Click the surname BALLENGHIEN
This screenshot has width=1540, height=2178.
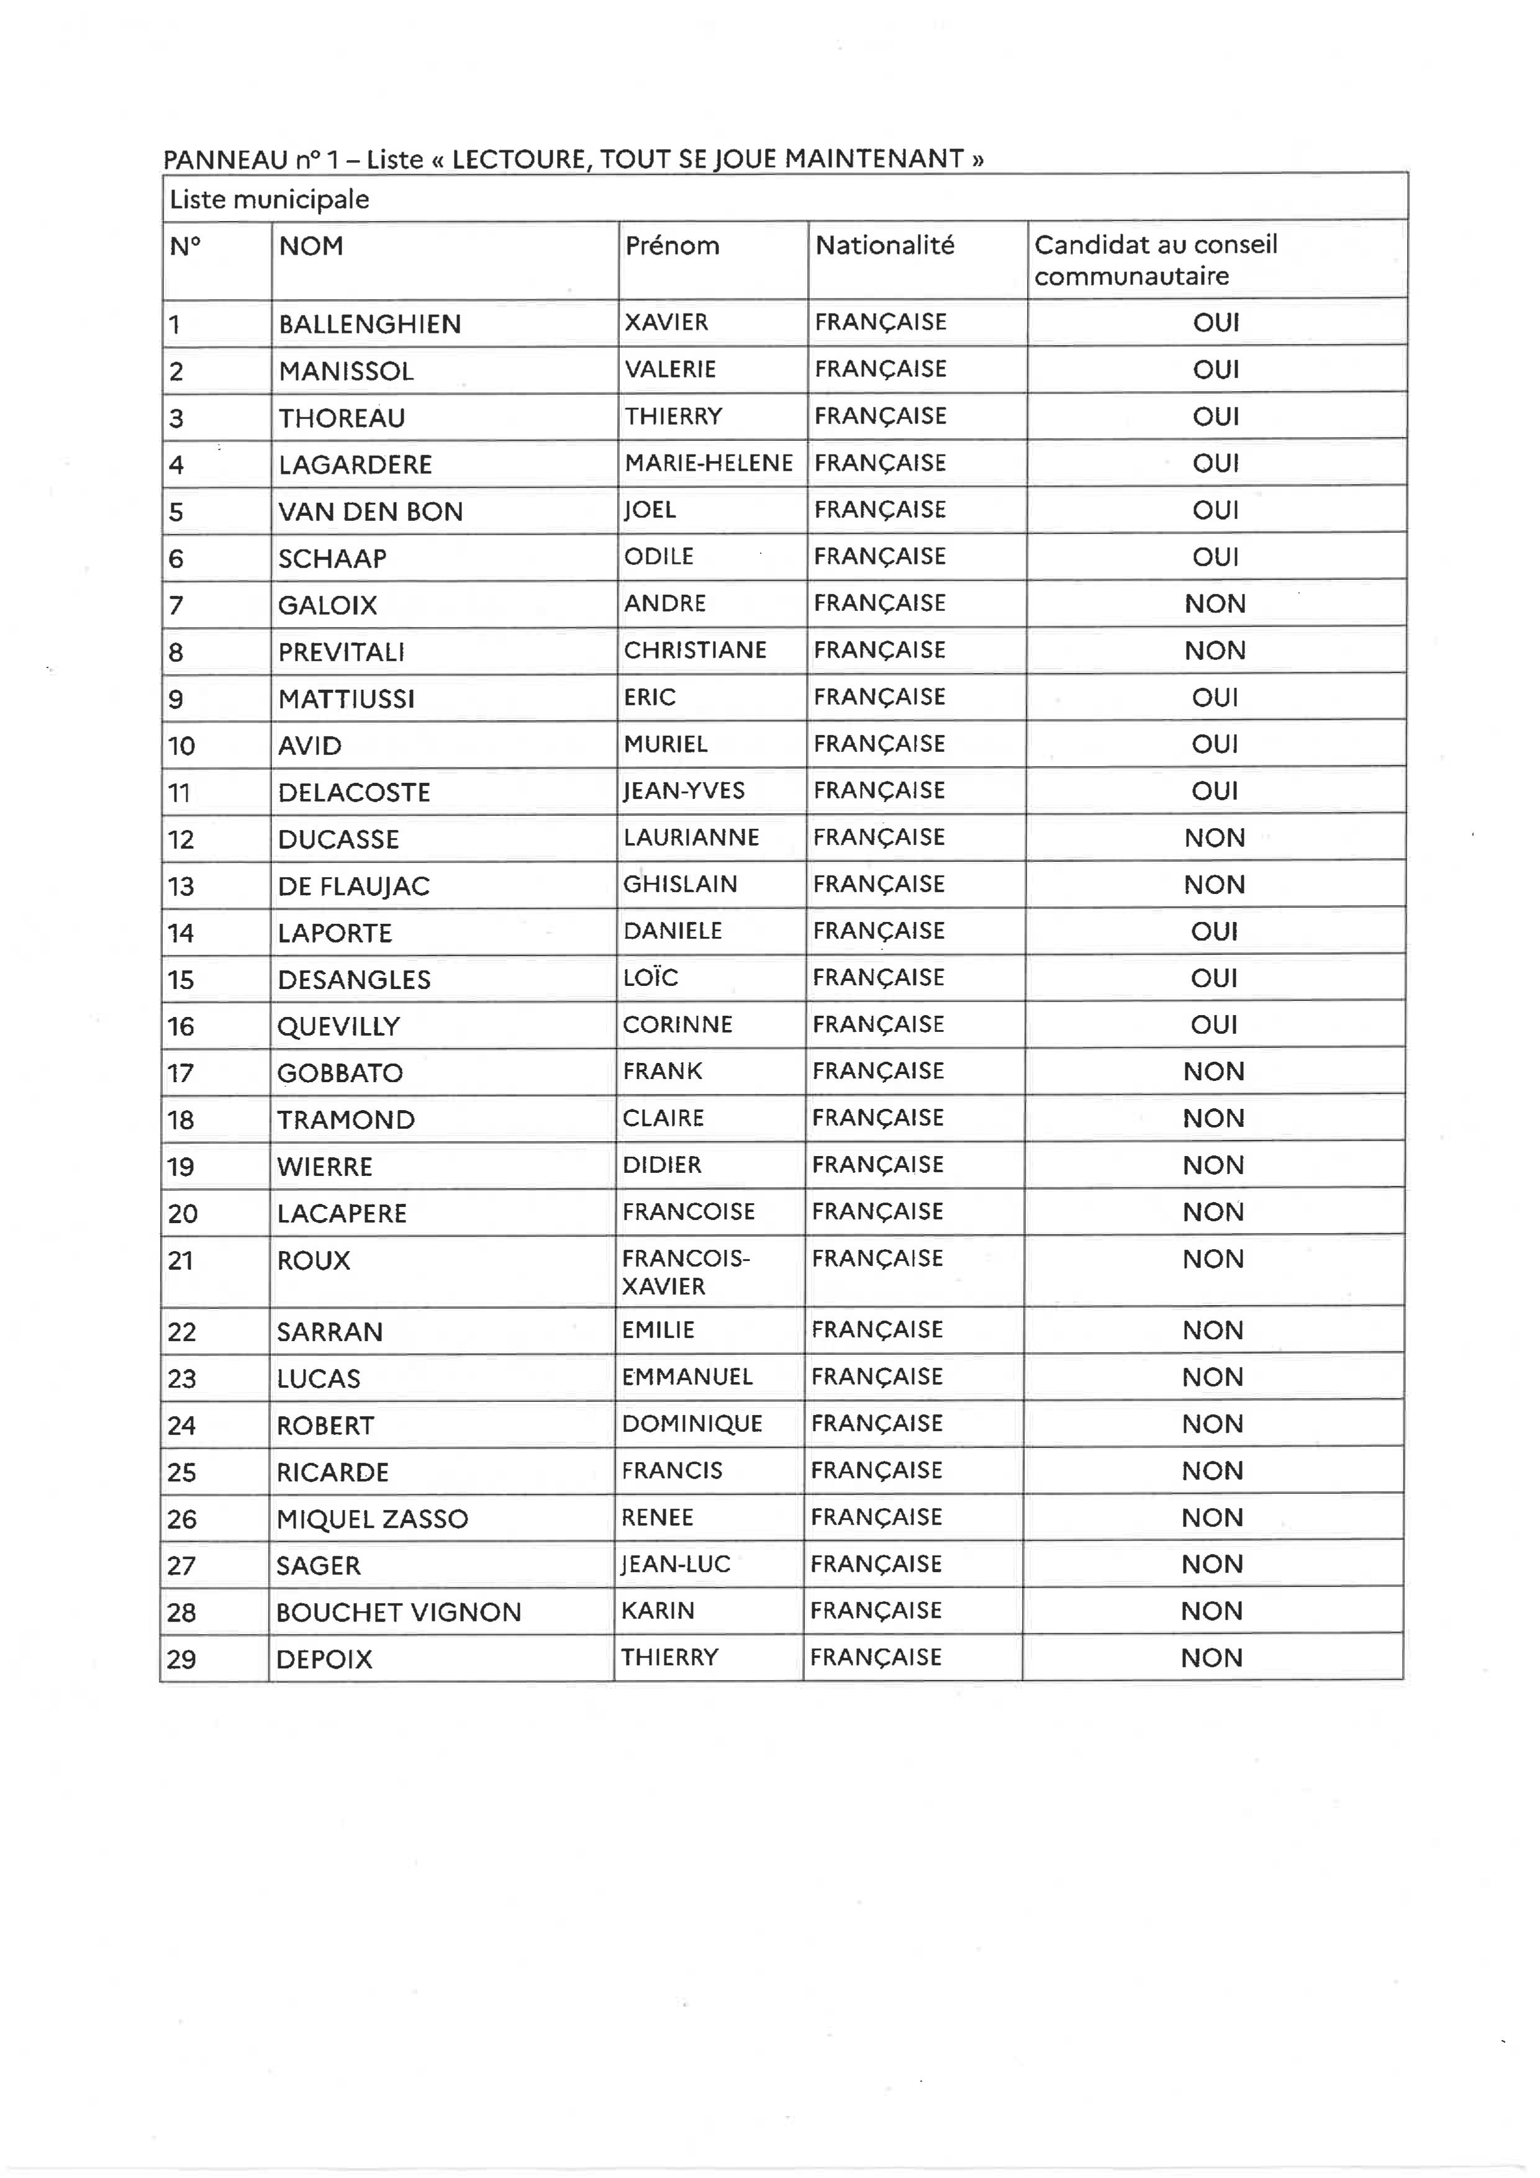[369, 325]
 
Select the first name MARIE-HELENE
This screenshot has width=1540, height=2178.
[708, 463]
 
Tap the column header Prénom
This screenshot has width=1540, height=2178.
[672, 246]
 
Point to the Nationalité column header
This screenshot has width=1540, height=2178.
[884, 246]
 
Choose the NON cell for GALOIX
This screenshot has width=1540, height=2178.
[1215, 603]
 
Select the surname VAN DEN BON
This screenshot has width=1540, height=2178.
[370, 512]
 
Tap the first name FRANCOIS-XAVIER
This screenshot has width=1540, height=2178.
[685, 1272]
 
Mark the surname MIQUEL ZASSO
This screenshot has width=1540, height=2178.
[372, 1519]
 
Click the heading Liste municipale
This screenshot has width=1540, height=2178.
[268, 199]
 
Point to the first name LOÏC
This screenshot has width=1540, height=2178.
[650, 977]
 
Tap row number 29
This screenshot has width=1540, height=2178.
[181, 1659]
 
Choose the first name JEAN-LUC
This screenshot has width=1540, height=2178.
[676, 1564]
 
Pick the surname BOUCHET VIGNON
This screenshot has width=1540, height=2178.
[399, 1612]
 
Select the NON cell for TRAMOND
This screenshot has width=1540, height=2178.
[1213, 1118]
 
